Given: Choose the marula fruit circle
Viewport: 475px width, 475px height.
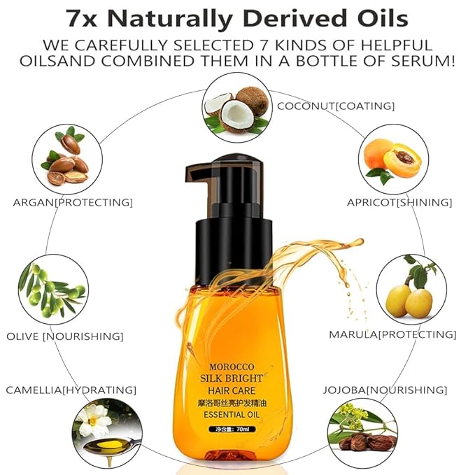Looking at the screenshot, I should [411, 289].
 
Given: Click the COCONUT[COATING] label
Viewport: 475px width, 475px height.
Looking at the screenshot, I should [336, 106].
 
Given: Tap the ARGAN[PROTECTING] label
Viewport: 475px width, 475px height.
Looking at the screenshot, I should [73, 202].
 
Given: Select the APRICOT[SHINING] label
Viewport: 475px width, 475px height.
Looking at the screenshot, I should [399, 202].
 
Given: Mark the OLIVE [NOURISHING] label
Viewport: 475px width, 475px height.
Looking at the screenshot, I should [65, 336].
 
